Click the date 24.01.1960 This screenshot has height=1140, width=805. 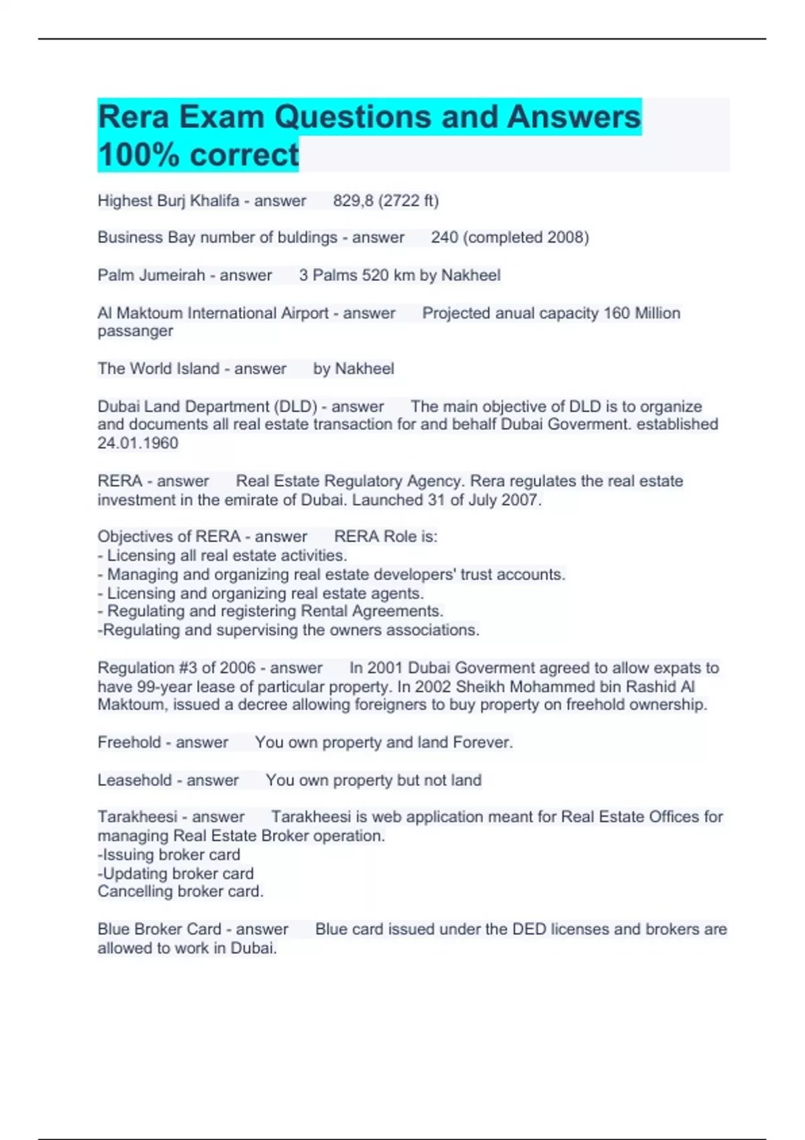[x=138, y=443]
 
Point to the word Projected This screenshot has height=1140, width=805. [x=455, y=313]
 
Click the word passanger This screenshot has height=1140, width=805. [x=135, y=331]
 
